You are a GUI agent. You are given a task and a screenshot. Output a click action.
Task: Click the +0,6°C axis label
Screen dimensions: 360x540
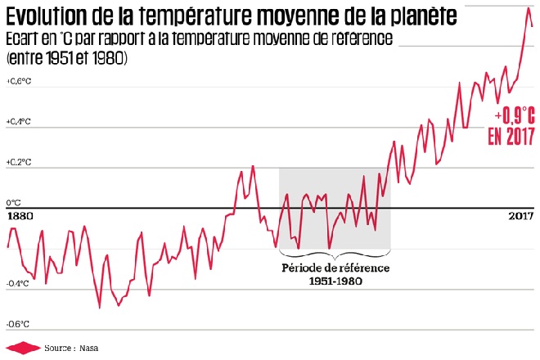click(x=18, y=82)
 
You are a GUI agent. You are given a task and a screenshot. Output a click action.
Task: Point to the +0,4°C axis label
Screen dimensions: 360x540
click(x=18, y=122)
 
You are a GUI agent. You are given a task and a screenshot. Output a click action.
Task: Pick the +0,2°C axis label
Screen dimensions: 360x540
click(x=18, y=162)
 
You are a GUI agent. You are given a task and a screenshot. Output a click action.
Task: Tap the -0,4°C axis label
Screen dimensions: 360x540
click(x=18, y=284)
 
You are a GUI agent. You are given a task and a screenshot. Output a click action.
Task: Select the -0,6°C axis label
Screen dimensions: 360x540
click(x=18, y=324)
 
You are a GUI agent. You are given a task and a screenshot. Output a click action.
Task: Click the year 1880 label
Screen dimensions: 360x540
click(x=19, y=217)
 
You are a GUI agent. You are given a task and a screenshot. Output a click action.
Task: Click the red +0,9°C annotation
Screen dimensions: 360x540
click(x=515, y=116)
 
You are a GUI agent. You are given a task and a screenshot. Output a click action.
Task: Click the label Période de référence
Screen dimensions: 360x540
click(x=335, y=268)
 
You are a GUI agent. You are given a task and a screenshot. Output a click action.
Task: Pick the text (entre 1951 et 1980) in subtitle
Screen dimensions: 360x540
click(x=65, y=60)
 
